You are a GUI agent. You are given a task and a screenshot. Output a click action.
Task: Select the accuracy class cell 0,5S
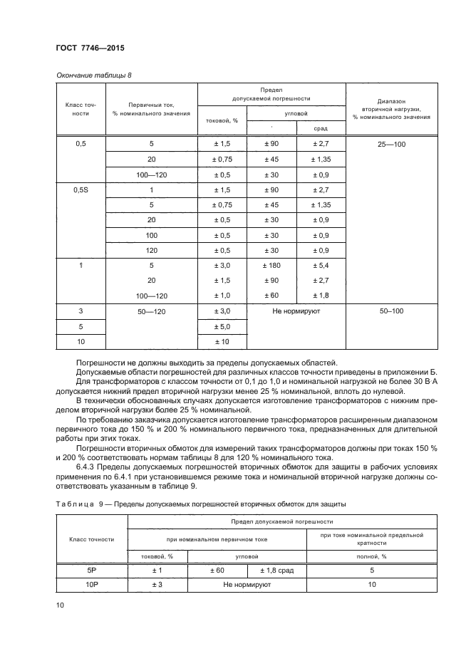click(81, 189)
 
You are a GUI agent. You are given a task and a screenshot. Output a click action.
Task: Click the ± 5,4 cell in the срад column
click(320, 265)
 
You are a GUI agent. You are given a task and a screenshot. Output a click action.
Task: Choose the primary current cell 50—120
click(151, 311)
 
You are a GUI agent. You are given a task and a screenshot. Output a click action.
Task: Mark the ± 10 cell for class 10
click(222, 343)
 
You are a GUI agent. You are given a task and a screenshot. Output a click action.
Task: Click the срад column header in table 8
click(321, 128)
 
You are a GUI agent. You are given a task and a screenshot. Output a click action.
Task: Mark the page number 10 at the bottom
click(60, 605)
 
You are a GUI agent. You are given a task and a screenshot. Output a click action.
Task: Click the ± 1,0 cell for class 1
click(222, 296)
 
